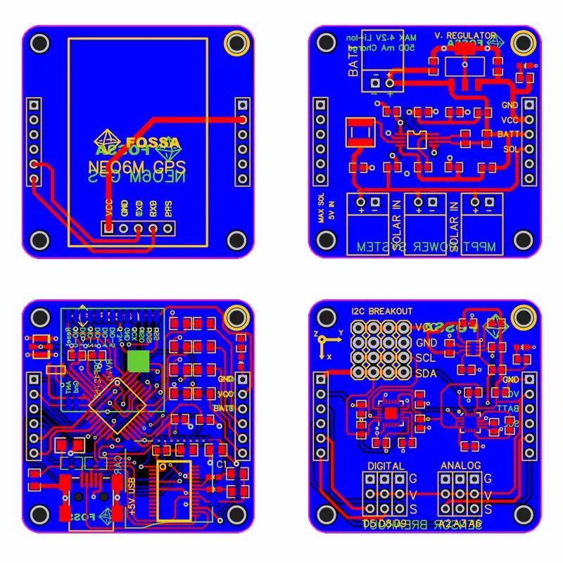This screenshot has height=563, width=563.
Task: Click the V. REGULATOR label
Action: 464,34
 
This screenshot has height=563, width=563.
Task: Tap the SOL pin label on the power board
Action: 510,149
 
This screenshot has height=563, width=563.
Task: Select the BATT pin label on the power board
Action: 508,134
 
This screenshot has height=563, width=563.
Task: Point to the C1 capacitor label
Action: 221,465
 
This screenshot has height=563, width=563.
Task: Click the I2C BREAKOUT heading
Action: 381,311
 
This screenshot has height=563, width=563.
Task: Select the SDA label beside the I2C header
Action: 425,373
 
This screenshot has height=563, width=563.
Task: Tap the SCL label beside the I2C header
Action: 425,358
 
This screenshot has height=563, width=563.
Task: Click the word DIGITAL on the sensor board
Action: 386,466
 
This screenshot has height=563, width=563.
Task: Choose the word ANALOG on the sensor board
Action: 461,466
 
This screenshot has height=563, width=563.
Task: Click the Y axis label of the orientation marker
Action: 341,331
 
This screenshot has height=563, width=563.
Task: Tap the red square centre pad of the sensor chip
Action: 390,412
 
